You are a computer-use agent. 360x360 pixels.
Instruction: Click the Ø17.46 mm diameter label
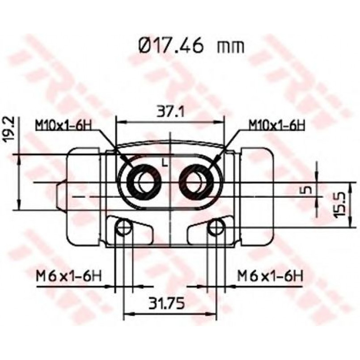click(191, 46)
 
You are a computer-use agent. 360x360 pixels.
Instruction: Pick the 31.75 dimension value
click(167, 304)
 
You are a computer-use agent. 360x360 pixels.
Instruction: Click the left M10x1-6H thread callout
click(63, 125)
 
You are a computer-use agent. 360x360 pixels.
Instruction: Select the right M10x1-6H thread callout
click(277, 125)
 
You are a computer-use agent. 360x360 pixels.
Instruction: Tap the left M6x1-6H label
click(69, 277)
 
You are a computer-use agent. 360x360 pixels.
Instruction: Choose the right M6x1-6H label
click(270, 276)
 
